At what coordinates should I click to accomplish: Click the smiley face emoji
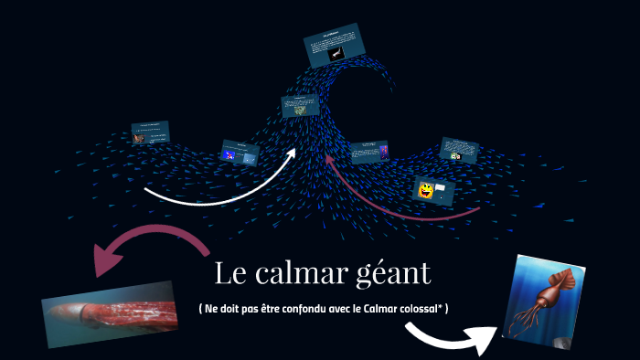point(426,191)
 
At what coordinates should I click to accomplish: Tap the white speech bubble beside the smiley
point(441,189)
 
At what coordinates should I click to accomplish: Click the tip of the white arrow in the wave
point(293,151)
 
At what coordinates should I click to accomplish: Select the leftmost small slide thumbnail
point(150,132)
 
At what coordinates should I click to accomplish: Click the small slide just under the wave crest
point(300,106)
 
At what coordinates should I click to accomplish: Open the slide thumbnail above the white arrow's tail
point(240,152)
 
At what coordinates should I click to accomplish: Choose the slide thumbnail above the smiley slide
point(460,150)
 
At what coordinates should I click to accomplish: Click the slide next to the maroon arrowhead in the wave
point(370,150)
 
